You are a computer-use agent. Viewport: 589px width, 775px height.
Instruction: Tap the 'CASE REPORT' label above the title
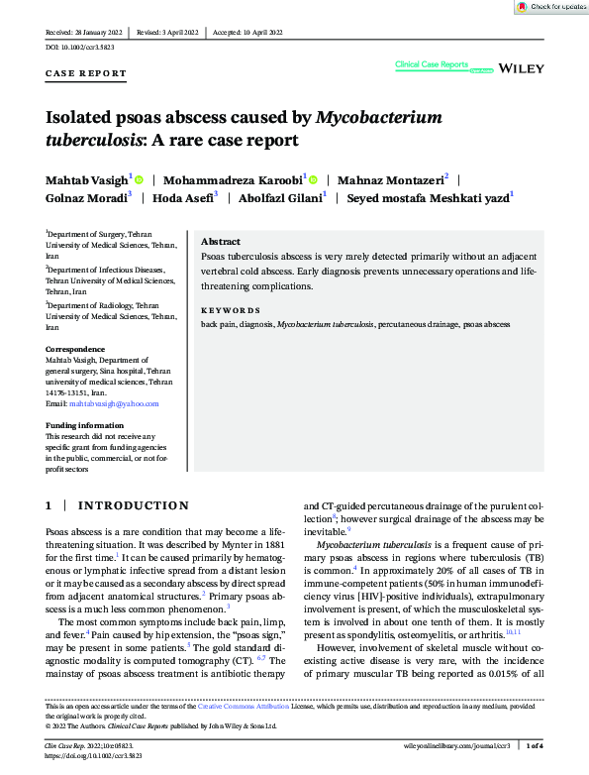point(86,73)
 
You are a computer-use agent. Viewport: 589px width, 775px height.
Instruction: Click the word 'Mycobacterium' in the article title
point(378,118)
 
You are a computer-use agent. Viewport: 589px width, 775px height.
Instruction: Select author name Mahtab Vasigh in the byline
point(86,179)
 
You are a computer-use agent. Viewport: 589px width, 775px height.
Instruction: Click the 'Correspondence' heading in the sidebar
point(75,349)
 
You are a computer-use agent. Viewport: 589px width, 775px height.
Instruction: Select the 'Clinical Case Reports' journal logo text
point(432,64)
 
